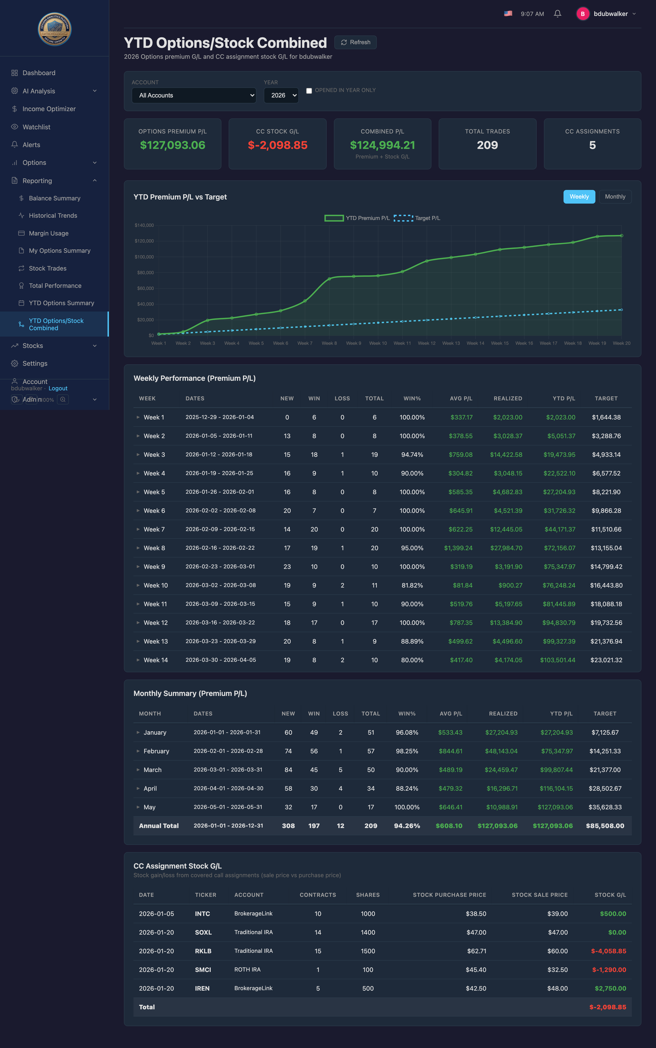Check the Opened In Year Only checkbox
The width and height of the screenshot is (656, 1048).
[x=309, y=91]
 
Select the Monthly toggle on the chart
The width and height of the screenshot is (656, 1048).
[x=615, y=197]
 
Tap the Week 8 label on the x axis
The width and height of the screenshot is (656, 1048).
[x=329, y=343]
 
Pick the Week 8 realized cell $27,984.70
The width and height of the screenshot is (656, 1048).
[x=506, y=548]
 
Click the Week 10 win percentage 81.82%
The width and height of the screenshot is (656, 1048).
[x=412, y=585]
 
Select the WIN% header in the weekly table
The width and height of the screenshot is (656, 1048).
[x=412, y=398]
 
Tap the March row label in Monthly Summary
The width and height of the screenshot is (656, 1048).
[x=152, y=769]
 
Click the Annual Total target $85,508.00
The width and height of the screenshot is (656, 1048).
[x=605, y=826]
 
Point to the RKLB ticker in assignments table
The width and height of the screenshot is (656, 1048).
[x=203, y=951]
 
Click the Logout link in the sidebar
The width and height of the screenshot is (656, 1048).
[x=58, y=388]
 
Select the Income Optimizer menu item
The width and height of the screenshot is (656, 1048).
[x=49, y=109]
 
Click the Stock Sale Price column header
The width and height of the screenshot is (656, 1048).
[x=540, y=895]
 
